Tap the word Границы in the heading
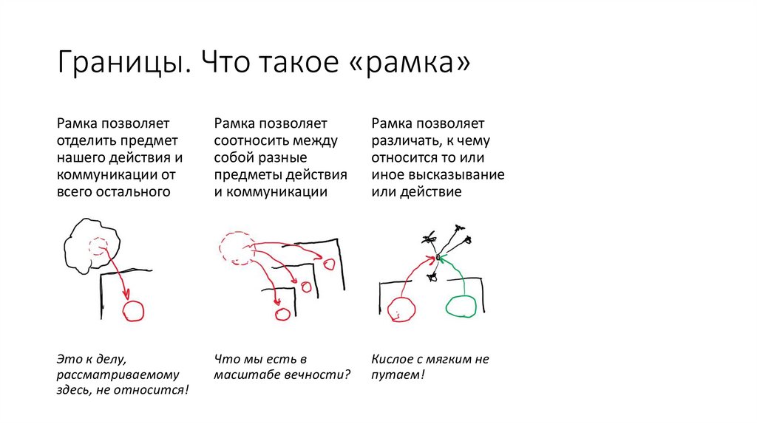tap(117, 65)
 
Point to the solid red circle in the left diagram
tap(134, 311)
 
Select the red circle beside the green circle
tap(400, 310)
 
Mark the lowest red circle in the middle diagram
tap(282, 314)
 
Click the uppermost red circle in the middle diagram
tap(328, 263)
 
